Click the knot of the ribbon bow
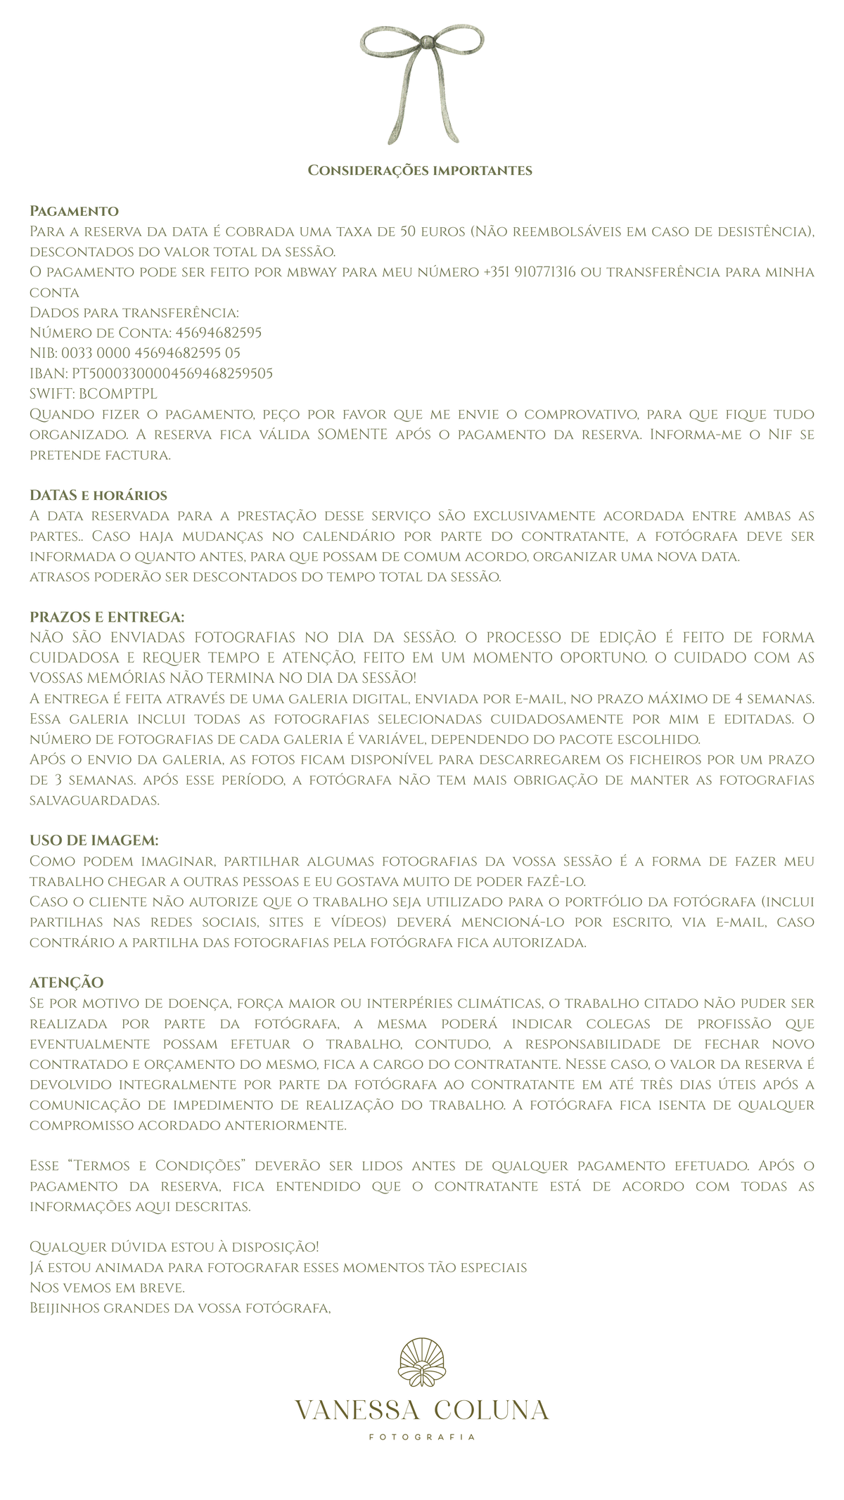423,44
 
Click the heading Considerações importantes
421,170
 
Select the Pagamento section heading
74,211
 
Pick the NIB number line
135,352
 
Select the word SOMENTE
352,434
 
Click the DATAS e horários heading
98,495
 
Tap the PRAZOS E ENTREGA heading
107,617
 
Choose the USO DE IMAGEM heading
94,840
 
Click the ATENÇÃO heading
66,982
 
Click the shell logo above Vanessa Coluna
421,1363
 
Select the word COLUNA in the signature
492,1410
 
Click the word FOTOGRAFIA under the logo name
422,1437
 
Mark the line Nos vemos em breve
107,1288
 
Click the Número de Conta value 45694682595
218,332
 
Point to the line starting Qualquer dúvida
174,1247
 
